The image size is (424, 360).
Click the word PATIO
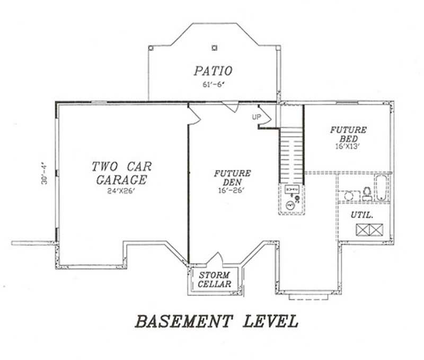click(213, 70)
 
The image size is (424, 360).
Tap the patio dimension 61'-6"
click(213, 84)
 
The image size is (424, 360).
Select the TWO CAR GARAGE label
click(121, 173)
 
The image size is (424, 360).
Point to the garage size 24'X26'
click(121, 191)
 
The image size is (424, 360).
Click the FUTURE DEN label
click(232, 178)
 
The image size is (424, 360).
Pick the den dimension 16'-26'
click(232, 191)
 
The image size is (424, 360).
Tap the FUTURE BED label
click(348, 134)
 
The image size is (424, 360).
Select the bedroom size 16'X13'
click(348, 146)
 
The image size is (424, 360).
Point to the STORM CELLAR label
click(215, 280)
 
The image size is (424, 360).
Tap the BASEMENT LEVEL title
click(216, 321)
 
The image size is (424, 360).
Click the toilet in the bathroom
click(366, 194)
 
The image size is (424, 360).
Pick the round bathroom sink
click(349, 196)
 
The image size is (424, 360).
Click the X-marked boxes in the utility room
click(369, 229)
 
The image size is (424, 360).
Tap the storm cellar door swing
click(216, 259)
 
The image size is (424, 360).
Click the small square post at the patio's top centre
click(214, 48)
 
